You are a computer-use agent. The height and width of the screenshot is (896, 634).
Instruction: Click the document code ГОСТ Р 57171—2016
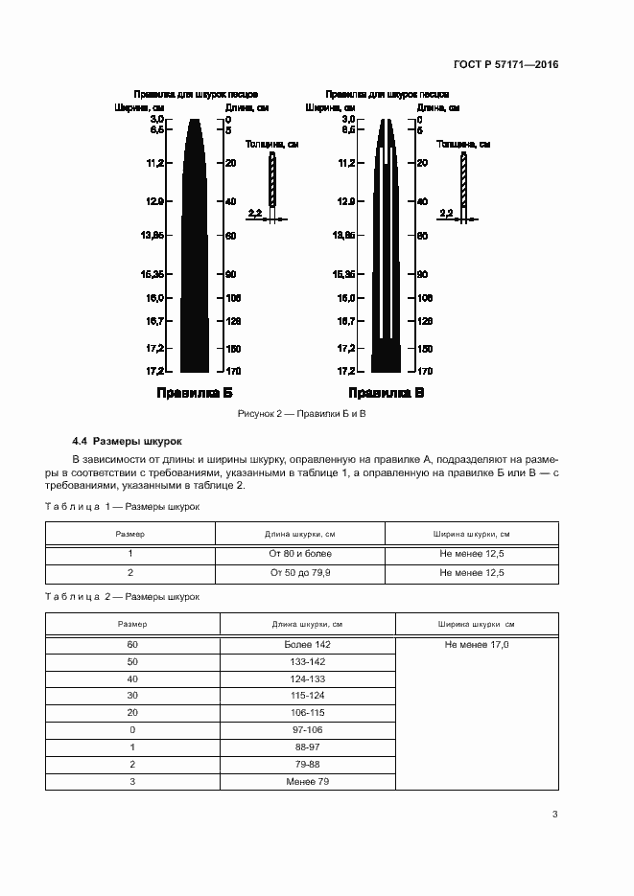point(505,65)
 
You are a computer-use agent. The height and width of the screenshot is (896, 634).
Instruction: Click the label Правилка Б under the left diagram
point(195,393)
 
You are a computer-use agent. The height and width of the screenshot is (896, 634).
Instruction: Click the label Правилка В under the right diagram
point(387,393)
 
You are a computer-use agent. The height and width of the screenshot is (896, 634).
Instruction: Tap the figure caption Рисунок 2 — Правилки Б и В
point(303,413)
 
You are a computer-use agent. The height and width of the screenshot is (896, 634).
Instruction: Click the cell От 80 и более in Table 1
point(300,554)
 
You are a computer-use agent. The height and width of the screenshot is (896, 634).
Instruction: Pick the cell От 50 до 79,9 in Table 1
point(300,572)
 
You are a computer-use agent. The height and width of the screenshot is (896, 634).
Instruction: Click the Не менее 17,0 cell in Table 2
point(476,645)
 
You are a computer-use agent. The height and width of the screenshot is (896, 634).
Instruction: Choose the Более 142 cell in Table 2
point(307,645)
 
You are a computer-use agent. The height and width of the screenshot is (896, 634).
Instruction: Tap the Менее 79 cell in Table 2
point(307,782)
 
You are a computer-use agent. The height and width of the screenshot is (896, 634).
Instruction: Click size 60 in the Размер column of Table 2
point(132,645)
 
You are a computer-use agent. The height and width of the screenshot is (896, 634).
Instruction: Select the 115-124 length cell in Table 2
point(307,697)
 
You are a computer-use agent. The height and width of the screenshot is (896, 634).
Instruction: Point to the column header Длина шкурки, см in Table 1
point(300,534)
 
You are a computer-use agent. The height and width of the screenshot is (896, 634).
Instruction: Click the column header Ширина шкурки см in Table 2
point(476,625)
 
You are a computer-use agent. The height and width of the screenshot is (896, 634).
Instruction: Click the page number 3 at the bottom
point(554,815)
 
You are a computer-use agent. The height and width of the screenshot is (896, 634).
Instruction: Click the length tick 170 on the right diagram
point(425,371)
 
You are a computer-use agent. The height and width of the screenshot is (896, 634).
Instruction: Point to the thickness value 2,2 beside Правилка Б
point(254,213)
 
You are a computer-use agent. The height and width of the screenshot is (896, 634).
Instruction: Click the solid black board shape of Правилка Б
point(195,268)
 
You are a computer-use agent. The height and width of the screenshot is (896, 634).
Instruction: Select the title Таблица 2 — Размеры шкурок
point(122,596)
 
